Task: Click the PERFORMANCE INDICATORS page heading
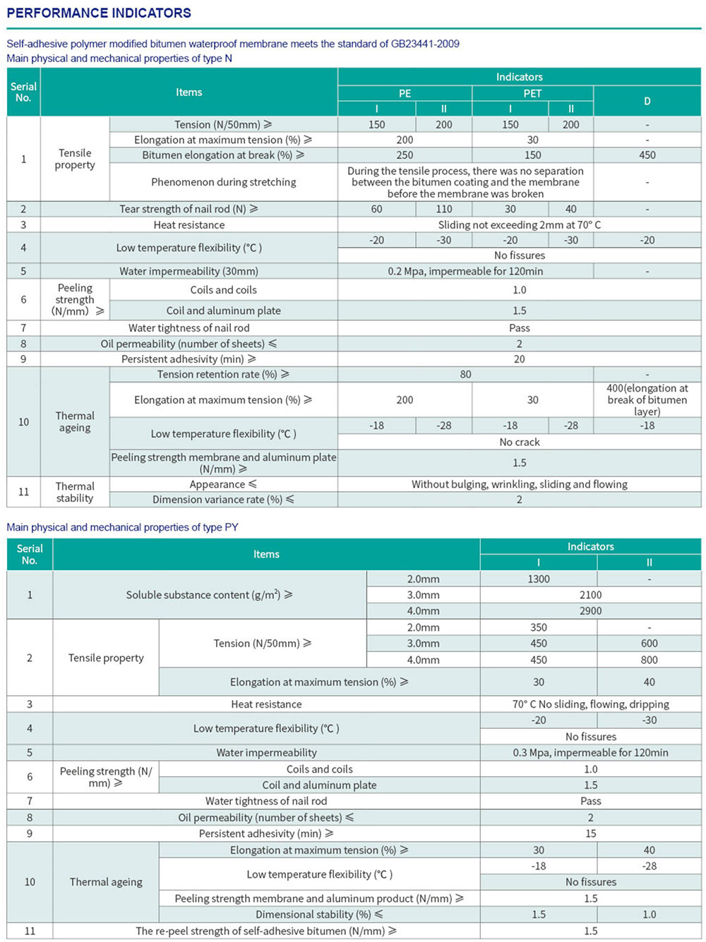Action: tap(99, 13)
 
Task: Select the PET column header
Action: tap(532, 93)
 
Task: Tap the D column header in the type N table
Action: tap(647, 101)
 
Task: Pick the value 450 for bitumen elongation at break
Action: tap(647, 155)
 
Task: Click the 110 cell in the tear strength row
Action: tap(443, 209)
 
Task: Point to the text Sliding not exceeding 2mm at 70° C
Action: tap(519, 224)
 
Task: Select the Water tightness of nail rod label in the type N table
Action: tap(189, 328)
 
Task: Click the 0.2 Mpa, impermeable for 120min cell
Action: tap(465, 271)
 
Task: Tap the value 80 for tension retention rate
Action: tap(465, 375)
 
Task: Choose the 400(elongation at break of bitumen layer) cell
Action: tap(647, 399)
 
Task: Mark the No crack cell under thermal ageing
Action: tap(519, 442)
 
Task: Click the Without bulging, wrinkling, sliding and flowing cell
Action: tap(519, 484)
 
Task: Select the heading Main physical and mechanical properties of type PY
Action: tap(122, 527)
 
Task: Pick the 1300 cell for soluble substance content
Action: tap(538, 579)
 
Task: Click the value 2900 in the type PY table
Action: tap(590, 611)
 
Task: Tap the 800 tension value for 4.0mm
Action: tap(649, 660)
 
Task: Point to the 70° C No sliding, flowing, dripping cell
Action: tap(590, 704)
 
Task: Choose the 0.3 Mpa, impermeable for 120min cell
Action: tap(590, 753)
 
